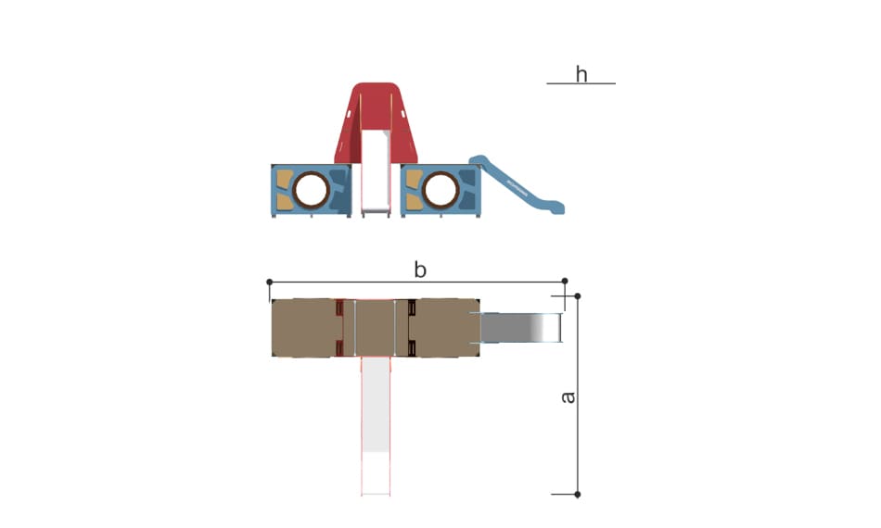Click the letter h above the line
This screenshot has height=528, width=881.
click(x=581, y=74)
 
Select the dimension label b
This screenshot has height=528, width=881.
click(x=420, y=270)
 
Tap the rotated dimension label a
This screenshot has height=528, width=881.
click(x=568, y=397)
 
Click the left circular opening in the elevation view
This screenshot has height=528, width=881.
click(x=311, y=190)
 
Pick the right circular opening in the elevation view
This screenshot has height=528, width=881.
click(x=440, y=190)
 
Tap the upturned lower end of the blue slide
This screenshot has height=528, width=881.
click(x=555, y=207)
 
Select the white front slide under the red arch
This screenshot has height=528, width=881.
click(x=376, y=170)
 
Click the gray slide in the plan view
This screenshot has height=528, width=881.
click(x=521, y=328)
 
